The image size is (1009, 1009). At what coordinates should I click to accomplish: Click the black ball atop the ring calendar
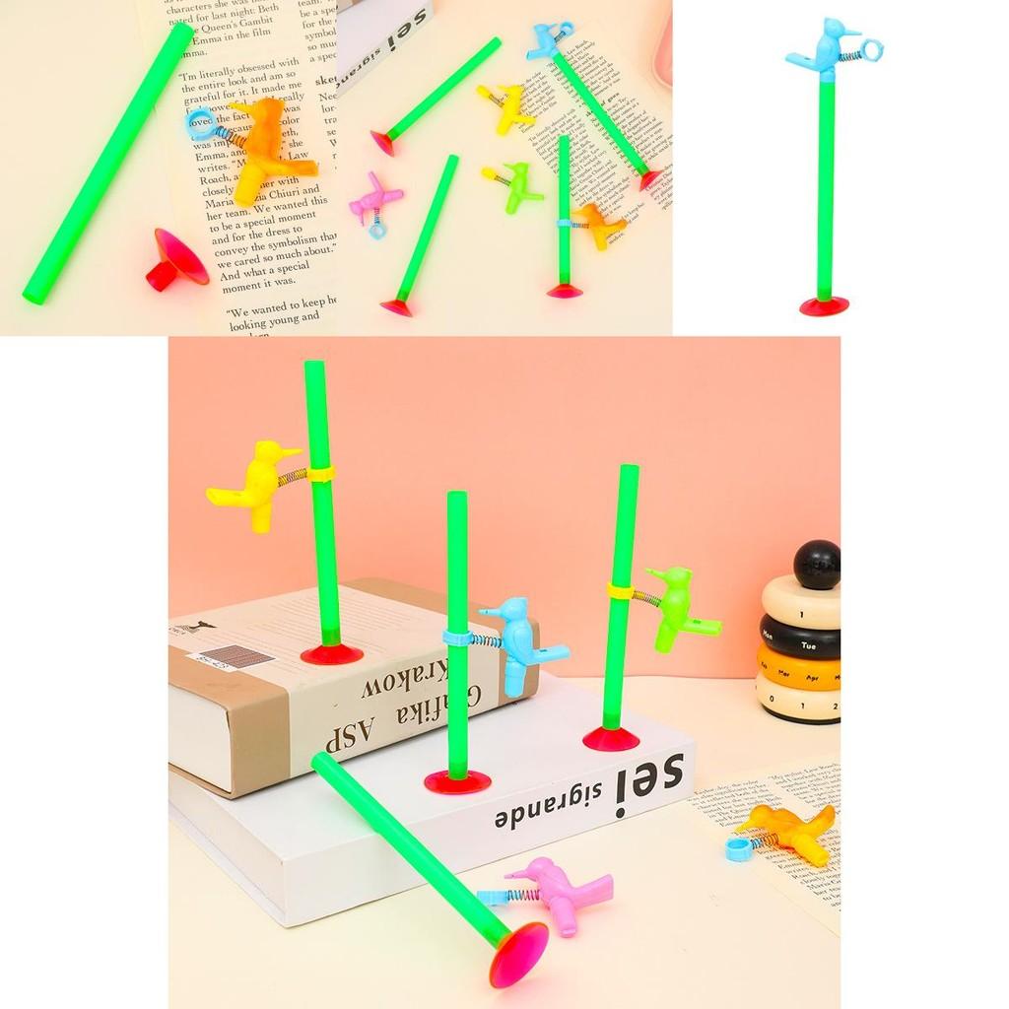tap(817, 564)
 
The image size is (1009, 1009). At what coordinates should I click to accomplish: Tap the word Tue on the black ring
tap(808, 646)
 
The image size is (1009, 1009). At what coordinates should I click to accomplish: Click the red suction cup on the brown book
tap(331, 653)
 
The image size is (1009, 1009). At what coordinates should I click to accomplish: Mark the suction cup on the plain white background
tap(824, 305)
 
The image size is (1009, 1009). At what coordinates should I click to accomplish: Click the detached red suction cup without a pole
tap(177, 261)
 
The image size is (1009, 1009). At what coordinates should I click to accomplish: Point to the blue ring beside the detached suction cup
tap(200, 123)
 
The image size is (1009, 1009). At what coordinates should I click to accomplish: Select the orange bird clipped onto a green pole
tap(599, 226)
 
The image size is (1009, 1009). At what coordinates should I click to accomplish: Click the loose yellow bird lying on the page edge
tap(506, 106)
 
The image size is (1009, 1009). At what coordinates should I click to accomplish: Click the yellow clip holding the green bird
tap(619, 590)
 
